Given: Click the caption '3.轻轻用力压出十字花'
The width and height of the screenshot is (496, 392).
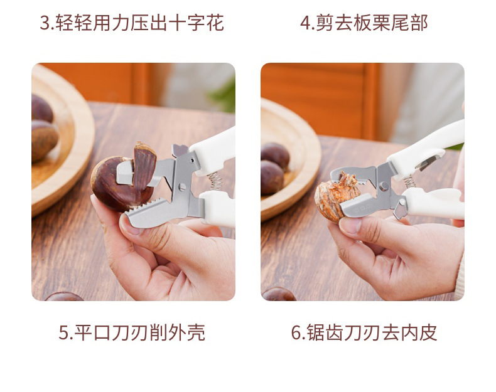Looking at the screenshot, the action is pos(132,23).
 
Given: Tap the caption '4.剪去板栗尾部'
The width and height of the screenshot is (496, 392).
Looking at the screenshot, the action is pos(364,23).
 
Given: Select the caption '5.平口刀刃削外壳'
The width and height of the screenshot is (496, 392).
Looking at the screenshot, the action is pos(132,332).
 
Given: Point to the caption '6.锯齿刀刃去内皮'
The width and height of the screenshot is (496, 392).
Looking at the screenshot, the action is pos(364,332).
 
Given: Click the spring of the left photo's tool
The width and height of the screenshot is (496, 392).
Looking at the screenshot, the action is pos(215,181).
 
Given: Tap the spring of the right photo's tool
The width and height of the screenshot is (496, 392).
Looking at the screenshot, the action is pos(410,181).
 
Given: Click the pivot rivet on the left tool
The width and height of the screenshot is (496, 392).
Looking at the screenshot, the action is pos(182,187).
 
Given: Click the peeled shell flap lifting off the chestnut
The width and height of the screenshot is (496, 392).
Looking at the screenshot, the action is pos(144,165).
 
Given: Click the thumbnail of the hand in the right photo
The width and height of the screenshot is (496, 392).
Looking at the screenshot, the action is pos(350,225).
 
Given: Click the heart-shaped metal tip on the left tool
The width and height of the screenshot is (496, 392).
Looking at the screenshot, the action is pos(180,149).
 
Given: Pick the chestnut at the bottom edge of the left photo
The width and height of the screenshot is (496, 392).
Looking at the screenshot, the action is pos(63,297).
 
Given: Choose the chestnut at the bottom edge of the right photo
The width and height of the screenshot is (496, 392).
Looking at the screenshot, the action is pos(278,294).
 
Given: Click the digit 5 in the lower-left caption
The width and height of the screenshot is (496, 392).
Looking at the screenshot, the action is pos(63,332).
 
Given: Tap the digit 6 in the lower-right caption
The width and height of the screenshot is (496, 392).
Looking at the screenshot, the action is pos(296,332).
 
